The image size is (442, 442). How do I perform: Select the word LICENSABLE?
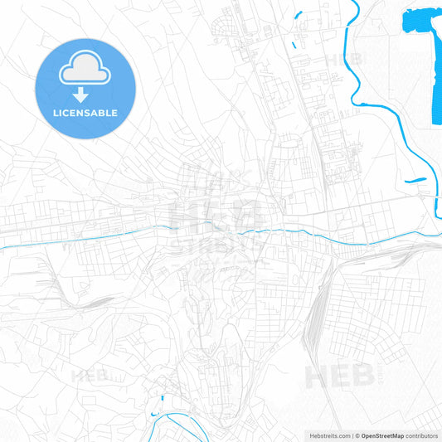tap(85, 113)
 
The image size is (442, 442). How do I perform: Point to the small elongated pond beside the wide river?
tap(415, 180)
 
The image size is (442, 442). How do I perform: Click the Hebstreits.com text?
tap(327, 435)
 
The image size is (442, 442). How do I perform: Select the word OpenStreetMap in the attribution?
tap(382, 435)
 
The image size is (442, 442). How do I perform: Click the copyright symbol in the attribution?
tap(357, 435)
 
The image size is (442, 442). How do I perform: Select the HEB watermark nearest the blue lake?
tap(342, 60)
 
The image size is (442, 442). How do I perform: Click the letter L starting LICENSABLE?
tap(55, 113)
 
